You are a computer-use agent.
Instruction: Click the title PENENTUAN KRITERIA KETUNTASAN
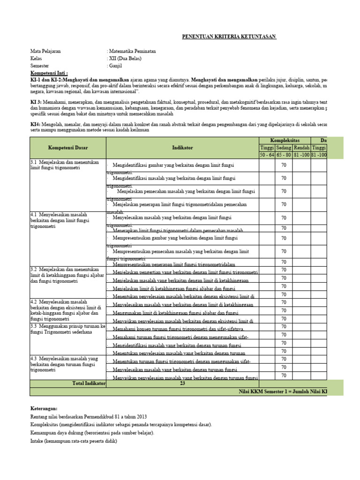229,37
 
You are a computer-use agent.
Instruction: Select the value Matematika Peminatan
133,51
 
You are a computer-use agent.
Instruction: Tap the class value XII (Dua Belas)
125,59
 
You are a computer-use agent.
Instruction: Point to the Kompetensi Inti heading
49,74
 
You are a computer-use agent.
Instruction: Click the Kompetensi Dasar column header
68,147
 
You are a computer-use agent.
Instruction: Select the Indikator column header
182,147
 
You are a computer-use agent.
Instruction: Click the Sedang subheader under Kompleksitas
284,148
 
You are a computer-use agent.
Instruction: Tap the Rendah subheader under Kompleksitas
301,148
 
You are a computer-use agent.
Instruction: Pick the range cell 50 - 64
267,155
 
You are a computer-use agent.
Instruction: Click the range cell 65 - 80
284,155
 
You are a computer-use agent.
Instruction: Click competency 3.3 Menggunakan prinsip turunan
68,329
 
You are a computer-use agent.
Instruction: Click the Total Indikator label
89,383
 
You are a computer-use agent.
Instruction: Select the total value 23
182,383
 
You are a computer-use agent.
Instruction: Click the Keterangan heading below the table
44,409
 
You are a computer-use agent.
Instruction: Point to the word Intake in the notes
37,441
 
